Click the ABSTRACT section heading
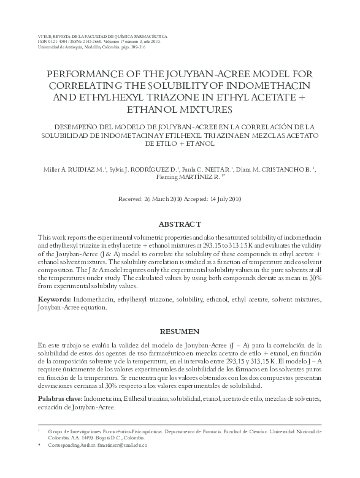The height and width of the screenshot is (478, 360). pyautogui.click(x=179, y=225)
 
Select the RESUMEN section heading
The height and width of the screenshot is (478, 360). pyautogui.click(x=179, y=332)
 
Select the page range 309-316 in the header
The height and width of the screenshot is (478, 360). pyautogui.click(x=133, y=48)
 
